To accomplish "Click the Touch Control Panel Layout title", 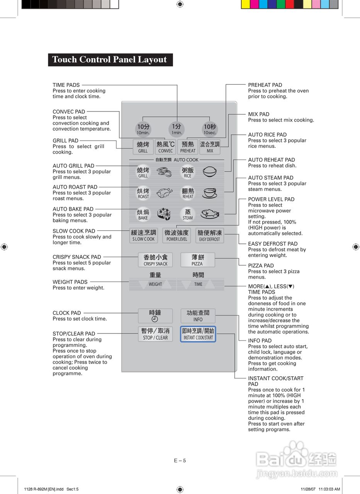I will tap(110, 60).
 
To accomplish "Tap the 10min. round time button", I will tap(143, 129).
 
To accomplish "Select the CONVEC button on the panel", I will tap(165, 147).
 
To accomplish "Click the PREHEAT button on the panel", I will tap(188, 147).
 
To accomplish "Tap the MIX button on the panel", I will tap(210, 147).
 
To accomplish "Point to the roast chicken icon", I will tap(165, 193).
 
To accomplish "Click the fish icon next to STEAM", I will tap(210, 214).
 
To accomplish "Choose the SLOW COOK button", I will tap(143, 235).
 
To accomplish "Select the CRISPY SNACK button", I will tap(155, 260).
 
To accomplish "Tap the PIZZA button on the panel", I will tap(197, 260).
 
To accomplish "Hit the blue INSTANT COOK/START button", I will tap(198, 334).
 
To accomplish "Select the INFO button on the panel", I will tap(198, 316).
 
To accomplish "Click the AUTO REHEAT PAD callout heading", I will tap(271, 160).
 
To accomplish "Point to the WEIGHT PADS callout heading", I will tap(70, 282).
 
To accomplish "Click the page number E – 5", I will tap(180, 460).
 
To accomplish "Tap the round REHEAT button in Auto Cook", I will tap(188, 193).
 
